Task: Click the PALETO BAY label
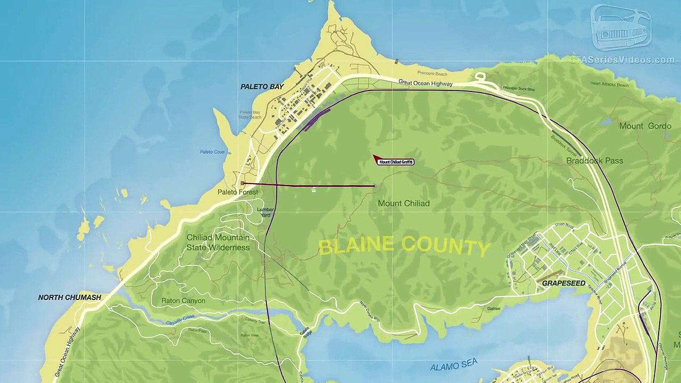pyautogui.click(x=262, y=87)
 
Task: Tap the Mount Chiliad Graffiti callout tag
pyautogui.click(x=396, y=162)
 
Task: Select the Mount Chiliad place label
pyautogui.click(x=403, y=203)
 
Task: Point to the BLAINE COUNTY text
pyautogui.click(x=404, y=246)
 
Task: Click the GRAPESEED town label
pyautogui.click(x=563, y=284)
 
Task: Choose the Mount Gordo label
pyautogui.click(x=645, y=126)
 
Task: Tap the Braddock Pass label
pyautogui.click(x=594, y=161)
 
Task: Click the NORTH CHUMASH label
pyautogui.click(x=69, y=297)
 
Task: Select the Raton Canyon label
pyautogui.click(x=183, y=301)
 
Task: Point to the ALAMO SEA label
pyautogui.click(x=454, y=365)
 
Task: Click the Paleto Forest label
pyautogui.click(x=237, y=192)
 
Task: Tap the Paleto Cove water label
pyautogui.click(x=212, y=152)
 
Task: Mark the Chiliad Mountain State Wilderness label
pyautogui.click(x=218, y=243)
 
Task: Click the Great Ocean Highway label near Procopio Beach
pyautogui.click(x=425, y=83)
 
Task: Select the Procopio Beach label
pyautogui.click(x=432, y=73)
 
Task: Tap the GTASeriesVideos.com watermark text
pyautogui.click(x=622, y=60)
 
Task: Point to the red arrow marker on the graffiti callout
pyautogui.click(x=376, y=159)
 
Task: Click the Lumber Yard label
pyautogui.click(x=265, y=212)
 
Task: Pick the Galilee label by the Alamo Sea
pyautogui.click(x=493, y=309)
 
